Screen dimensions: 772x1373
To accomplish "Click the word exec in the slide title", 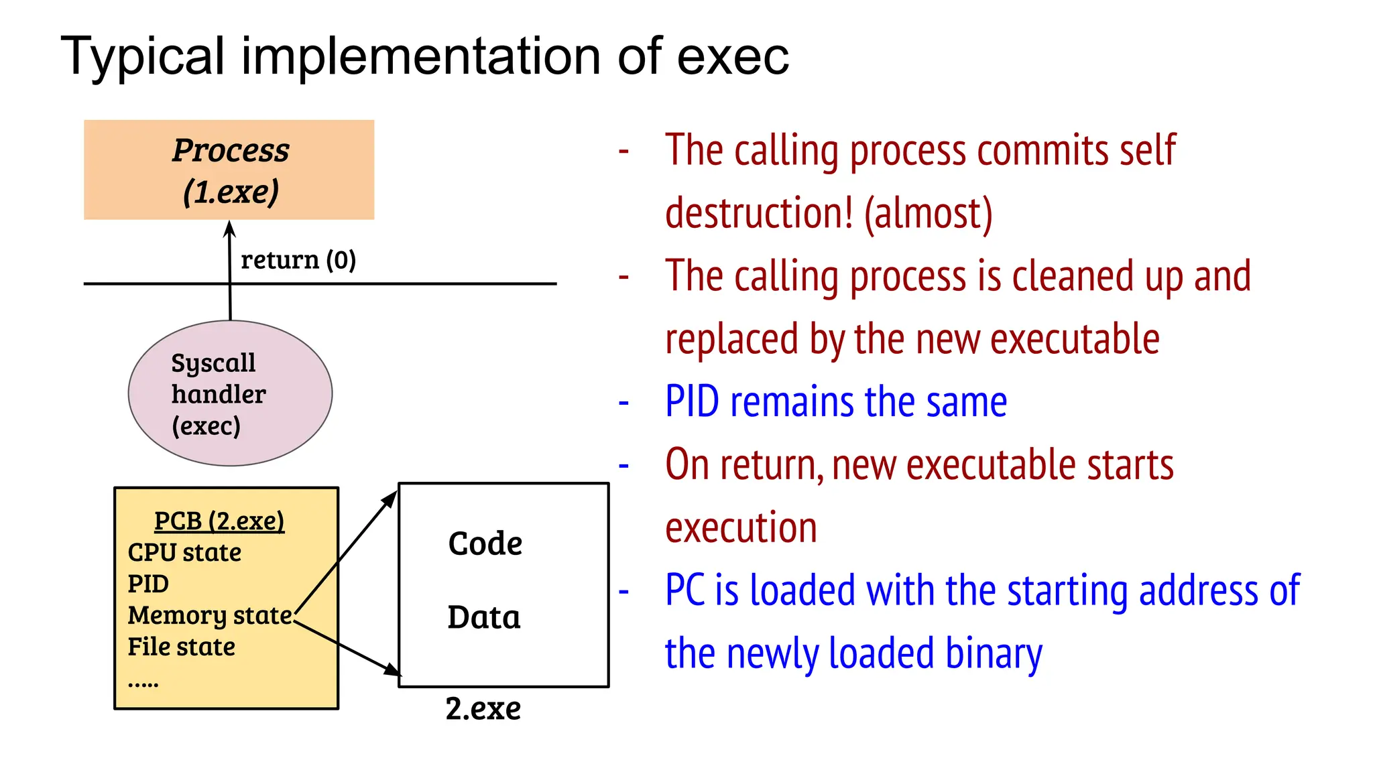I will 732,56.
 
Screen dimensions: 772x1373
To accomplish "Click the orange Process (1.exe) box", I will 229,170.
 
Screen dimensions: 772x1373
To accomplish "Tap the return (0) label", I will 298,260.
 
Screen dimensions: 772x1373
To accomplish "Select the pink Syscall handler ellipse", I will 230,393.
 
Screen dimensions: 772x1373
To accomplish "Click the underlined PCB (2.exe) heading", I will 219,521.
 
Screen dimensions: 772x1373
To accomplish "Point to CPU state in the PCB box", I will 184,553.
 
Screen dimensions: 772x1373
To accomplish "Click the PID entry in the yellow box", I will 148,584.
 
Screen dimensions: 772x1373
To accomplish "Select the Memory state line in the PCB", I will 210,615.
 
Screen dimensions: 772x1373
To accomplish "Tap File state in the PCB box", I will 181,647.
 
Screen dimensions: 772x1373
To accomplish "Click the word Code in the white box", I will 485,543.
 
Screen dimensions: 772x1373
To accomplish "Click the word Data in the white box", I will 483,617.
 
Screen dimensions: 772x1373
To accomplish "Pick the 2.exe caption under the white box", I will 483,709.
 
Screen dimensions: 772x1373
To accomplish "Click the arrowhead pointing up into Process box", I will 229,230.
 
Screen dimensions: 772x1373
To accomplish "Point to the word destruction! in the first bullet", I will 759,213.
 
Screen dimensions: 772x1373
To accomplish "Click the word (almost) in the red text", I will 928,213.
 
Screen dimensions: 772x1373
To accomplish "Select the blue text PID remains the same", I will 835,402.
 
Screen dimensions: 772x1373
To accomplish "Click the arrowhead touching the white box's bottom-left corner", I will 392,669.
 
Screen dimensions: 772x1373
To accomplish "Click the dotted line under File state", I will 143,684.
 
